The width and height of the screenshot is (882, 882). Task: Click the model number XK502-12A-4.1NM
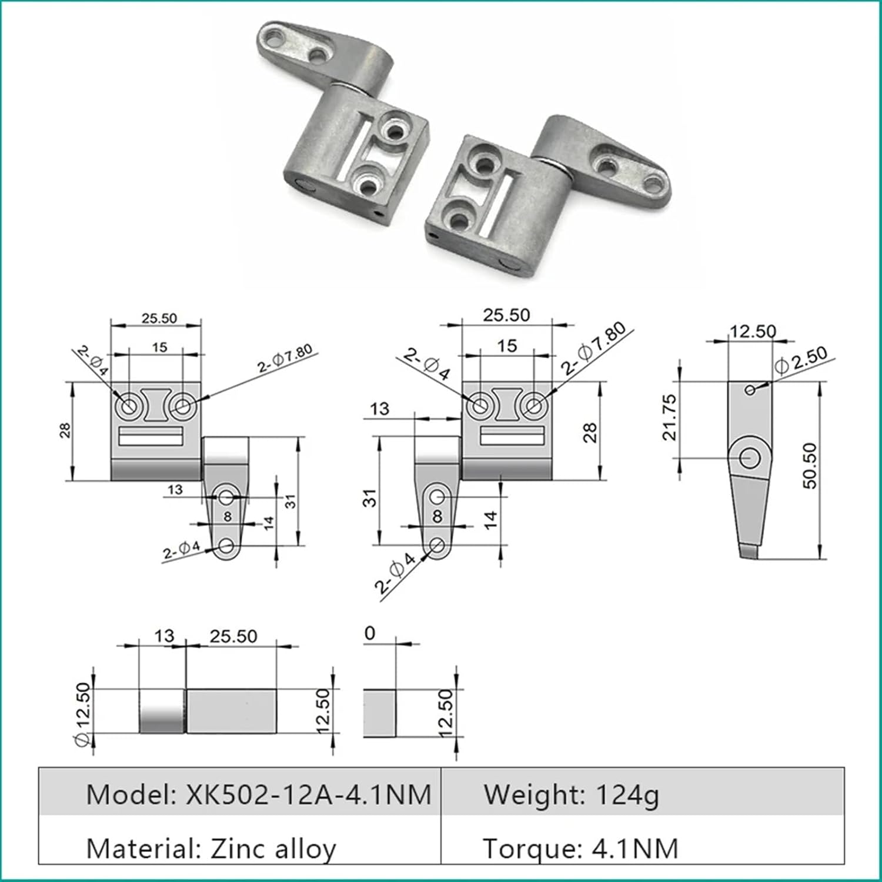pos(309,795)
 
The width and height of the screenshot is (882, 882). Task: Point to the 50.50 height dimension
pos(810,466)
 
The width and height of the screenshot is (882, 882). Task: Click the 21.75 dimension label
pos(670,417)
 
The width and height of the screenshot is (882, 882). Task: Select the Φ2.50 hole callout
pos(801,360)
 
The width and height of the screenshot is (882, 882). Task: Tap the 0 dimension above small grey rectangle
pos(369,634)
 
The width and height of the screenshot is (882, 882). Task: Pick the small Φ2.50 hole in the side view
pos(750,389)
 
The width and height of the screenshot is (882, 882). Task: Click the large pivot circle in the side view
pos(749,457)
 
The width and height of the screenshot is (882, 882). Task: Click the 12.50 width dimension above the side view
pos(753,331)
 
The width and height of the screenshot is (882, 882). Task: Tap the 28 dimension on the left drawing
pos(65,430)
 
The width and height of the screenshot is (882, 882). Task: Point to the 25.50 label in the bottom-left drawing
pos(233,636)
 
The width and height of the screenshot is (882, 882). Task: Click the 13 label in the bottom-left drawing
pos(164,636)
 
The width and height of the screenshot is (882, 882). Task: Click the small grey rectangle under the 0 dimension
pos(379,713)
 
